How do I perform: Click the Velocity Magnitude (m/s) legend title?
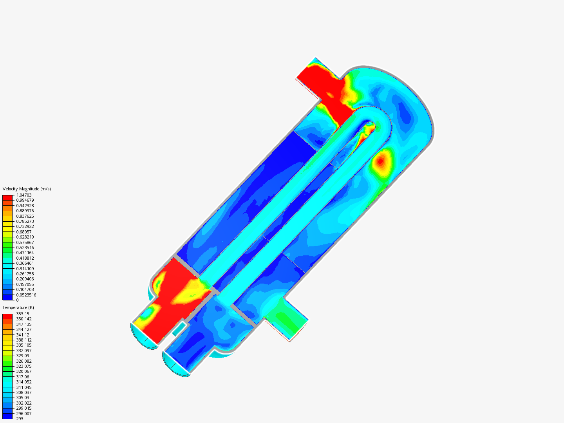tap(27, 189)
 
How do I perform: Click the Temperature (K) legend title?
tap(18, 307)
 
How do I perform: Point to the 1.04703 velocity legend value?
tap(24, 195)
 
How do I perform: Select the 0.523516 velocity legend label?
tap(25, 248)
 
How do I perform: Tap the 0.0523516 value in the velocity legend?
tap(26, 295)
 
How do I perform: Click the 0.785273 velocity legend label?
tap(25, 221)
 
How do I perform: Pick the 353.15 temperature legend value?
tap(23, 314)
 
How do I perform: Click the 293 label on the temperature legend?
tap(20, 419)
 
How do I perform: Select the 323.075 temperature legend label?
tap(24, 366)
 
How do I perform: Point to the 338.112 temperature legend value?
tap(24, 340)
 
